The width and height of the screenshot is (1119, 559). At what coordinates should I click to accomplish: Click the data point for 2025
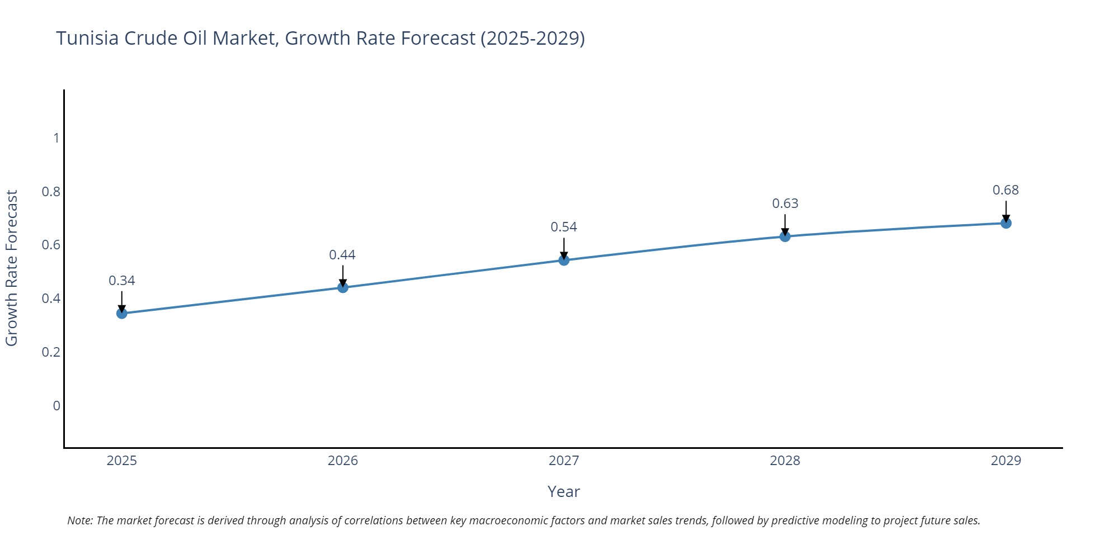122,314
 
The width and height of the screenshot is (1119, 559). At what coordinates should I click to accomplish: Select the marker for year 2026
343,287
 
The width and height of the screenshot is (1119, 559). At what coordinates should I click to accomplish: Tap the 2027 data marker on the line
564,260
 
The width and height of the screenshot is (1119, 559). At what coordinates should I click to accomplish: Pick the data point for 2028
785,236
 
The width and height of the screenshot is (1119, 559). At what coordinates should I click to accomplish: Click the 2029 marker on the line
1006,224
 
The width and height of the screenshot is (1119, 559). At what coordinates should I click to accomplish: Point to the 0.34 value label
122,281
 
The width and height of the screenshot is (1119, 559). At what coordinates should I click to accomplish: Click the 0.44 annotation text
342,255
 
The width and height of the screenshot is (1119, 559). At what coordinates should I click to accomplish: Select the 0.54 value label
564,227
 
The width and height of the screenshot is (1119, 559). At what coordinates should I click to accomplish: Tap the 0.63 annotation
785,203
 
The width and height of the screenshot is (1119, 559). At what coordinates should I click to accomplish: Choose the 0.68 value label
1006,190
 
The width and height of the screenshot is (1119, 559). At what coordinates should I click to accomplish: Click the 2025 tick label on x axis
122,461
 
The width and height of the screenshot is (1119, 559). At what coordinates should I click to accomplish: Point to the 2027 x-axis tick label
564,461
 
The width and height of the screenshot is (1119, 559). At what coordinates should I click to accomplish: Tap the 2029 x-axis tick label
1006,461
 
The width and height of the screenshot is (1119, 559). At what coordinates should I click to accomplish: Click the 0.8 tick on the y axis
51,192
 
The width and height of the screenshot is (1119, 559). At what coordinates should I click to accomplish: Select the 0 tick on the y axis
57,406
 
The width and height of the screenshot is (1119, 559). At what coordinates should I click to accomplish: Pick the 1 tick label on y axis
57,138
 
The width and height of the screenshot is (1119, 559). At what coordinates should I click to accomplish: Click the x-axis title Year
563,492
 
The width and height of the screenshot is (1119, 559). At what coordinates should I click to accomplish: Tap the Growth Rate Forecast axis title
12,268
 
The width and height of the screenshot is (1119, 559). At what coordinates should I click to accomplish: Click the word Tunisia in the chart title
87,39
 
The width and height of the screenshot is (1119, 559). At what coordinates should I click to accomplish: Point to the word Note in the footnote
80,520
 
